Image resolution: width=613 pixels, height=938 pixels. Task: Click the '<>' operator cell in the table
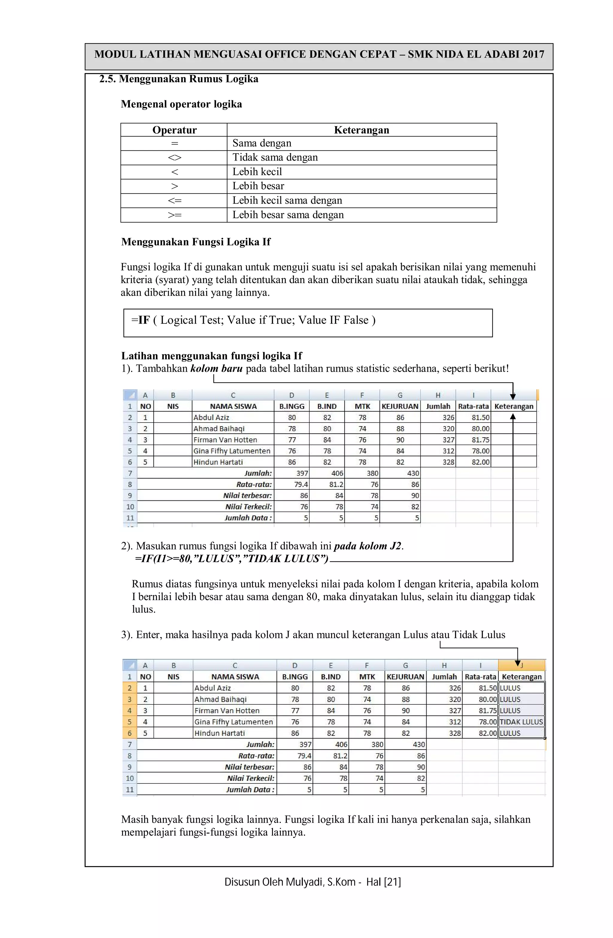pos(174,158)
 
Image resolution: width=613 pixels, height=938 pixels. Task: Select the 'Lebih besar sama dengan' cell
pos(288,215)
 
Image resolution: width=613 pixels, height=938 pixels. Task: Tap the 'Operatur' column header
pos(174,130)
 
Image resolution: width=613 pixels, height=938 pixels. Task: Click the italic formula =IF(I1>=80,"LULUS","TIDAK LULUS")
pos(231,559)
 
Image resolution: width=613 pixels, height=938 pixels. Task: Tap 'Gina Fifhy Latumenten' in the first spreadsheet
pos(232,451)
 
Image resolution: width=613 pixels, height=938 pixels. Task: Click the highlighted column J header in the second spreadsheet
pos(521,665)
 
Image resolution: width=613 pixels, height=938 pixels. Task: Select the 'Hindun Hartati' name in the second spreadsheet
pos(219,733)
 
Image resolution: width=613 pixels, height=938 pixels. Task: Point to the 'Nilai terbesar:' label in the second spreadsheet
pos(249,767)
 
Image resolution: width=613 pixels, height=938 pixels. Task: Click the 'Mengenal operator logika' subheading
pos(181,104)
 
